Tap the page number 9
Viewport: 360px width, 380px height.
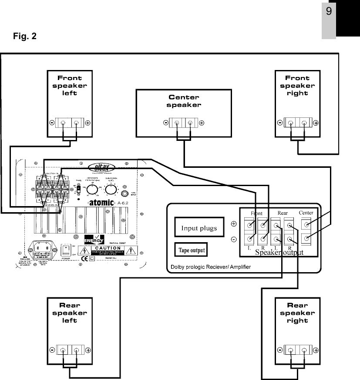(x=329, y=12)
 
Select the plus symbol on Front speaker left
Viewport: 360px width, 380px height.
(x=87, y=123)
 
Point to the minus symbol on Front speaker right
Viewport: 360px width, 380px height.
(x=280, y=123)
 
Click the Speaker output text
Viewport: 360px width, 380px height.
(x=279, y=252)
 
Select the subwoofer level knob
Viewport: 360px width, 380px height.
(x=111, y=189)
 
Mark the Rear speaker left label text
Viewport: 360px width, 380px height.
(x=70, y=313)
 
